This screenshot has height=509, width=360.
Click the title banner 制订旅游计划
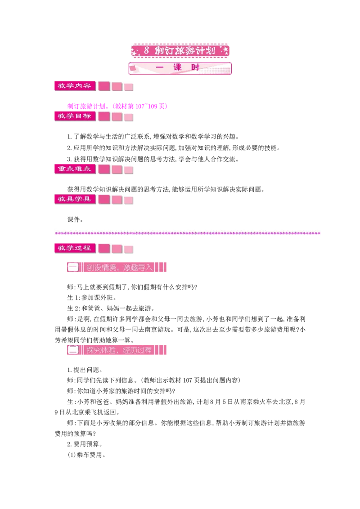(180, 51)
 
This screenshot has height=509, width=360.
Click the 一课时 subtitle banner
(180, 68)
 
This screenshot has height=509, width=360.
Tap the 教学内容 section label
(75, 86)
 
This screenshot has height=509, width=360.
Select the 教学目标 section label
(75, 116)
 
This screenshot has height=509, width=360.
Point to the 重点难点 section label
(75, 169)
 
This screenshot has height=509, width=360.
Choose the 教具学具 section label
(75, 199)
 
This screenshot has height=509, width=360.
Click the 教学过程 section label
(75, 248)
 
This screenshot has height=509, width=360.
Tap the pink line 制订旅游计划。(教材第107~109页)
(117, 106)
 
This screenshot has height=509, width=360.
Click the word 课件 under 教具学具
(75, 219)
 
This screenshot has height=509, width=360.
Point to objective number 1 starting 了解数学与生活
(153, 136)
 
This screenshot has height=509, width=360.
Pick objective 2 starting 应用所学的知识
(174, 147)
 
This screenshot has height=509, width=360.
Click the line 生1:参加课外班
(92, 297)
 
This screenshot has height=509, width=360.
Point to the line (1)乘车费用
(86, 455)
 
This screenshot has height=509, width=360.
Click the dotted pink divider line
(188, 233)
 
